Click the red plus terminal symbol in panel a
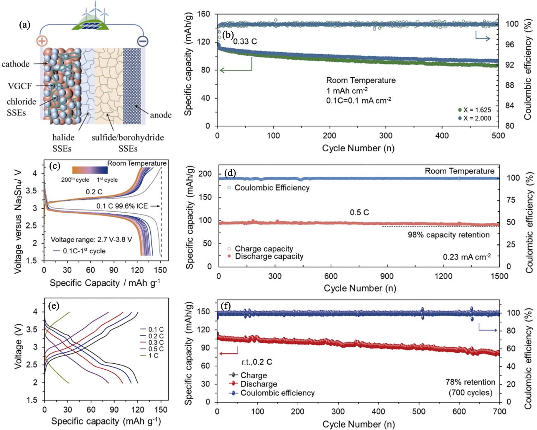pos(42,41)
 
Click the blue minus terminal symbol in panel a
pos(143,41)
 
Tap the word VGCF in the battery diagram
pos(19,86)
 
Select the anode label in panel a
pos(161,115)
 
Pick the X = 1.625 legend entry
pos(475,110)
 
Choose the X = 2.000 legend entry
pos(475,118)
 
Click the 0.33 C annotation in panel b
pos(245,42)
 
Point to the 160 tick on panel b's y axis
pos(204,14)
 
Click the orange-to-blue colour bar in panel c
pos(90,170)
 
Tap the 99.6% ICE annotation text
pos(122,206)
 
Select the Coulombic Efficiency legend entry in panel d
pos(268,188)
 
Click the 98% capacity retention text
pos(449,235)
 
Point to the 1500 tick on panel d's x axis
pos(499,276)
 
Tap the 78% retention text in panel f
pos(470,382)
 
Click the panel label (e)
pos(54,306)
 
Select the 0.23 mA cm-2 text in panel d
pos(467,257)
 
